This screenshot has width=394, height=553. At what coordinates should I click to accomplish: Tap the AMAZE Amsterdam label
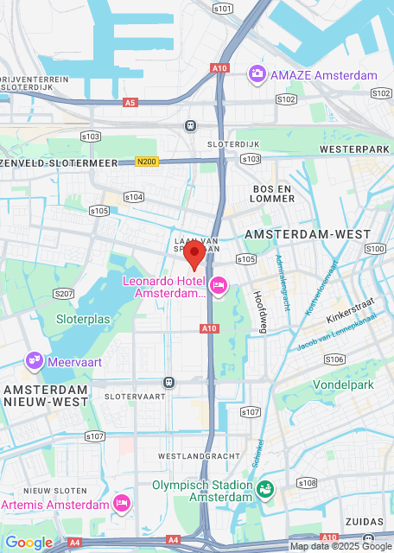(x=323, y=74)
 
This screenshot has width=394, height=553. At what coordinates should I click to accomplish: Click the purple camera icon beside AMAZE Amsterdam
(x=257, y=74)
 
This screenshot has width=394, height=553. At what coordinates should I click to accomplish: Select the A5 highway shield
(x=130, y=102)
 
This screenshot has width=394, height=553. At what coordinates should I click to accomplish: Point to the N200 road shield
(x=146, y=162)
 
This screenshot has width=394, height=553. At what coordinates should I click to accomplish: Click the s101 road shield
(x=223, y=8)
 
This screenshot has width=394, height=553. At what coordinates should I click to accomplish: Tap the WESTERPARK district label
(x=350, y=149)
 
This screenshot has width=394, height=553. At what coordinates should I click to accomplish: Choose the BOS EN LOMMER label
(x=275, y=194)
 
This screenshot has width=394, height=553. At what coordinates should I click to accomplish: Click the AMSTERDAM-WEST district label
(x=308, y=234)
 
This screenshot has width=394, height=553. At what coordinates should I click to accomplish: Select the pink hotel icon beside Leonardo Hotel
(x=219, y=284)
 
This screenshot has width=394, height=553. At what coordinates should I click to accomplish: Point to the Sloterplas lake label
(x=83, y=319)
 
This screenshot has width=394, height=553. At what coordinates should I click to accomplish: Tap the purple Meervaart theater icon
(x=35, y=360)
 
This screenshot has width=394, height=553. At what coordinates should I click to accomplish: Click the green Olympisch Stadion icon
(x=265, y=490)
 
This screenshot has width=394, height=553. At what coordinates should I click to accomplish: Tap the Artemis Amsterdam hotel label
(x=55, y=505)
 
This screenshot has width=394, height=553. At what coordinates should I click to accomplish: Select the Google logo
(x=29, y=543)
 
